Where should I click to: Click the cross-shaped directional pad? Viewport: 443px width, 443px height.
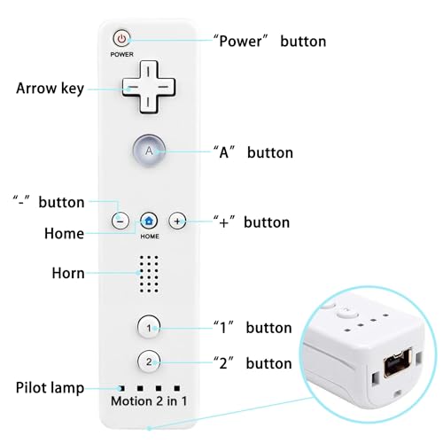pyautogui.click(x=149, y=87)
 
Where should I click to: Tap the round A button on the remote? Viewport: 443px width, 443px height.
pyautogui.click(x=149, y=151)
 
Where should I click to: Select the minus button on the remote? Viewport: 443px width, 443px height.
pyautogui.click(x=120, y=221)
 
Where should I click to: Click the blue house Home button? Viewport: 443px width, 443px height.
pyautogui.click(x=149, y=221)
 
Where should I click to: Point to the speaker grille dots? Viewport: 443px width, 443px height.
pyautogui.click(x=149, y=274)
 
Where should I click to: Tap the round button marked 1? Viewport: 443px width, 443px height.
pyautogui.click(x=149, y=327)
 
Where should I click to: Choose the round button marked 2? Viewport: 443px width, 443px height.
pyautogui.click(x=149, y=361)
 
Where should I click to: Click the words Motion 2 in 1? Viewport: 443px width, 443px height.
pyautogui.click(x=149, y=401)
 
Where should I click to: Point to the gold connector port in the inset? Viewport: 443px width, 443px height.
pyautogui.click(x=398, y=362)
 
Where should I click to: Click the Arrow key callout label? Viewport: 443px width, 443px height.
pyautogui.click(x=50, y=89)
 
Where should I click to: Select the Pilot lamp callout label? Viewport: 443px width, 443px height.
pyautogui.click(x=50, y=388)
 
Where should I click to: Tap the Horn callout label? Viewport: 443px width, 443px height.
pyautogui.click(x=68, y=273)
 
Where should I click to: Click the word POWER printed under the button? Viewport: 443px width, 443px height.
pyautogui.click(x=121, y=54)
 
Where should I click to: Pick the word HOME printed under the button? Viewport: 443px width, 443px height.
pyautogui.click(x=150, y=237)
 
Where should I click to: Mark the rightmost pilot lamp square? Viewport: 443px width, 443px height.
pyautogui.click(x=177, y=388)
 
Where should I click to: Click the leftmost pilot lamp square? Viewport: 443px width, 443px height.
pyautogui.click(x=121, y=388)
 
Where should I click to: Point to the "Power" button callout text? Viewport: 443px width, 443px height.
pyautogui.click(x=269, y=41)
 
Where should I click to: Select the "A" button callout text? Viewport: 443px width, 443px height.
pyautogui.click(x=253, y=152)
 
